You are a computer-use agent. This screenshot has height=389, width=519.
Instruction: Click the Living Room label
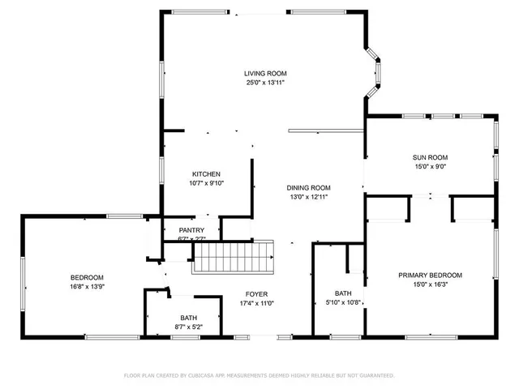[x=265, y=73]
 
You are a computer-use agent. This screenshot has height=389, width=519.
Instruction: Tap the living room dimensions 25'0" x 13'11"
[x=265, y=82]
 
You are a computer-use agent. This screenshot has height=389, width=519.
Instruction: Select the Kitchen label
[x=206, y=174]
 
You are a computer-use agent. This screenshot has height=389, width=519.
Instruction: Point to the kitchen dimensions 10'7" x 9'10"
[x=206, y=183]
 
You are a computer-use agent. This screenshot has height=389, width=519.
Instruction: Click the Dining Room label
[x=310, y=187]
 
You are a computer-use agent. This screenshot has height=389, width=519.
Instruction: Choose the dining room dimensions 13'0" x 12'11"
[x=310, y=196]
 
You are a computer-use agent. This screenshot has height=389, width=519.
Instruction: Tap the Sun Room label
[x=431, y=157]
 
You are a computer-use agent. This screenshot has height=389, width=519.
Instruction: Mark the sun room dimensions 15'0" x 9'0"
[x=431, y=166]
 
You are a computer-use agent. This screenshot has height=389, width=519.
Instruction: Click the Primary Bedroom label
[x=430, y=275]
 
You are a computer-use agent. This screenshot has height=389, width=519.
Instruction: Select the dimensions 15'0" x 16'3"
[x=430, y=284]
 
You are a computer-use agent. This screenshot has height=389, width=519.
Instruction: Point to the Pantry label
[x=191, y=230]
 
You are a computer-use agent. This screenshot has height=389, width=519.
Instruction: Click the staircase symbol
[x=234, y=259]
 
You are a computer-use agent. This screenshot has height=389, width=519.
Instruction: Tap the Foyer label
[x=257, y=294]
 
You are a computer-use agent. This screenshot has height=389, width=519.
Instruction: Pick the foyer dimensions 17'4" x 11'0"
[x=257, y=303]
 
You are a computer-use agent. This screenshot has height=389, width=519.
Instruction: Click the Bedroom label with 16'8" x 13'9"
[x=87, y=277]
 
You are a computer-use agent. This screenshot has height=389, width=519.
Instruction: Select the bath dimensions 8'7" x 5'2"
[x=188, y=327]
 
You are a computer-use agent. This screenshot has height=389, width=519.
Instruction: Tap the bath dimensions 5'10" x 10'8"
[x=343, y=302]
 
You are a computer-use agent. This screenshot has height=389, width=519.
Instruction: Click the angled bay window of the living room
[x=374, y=71]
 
